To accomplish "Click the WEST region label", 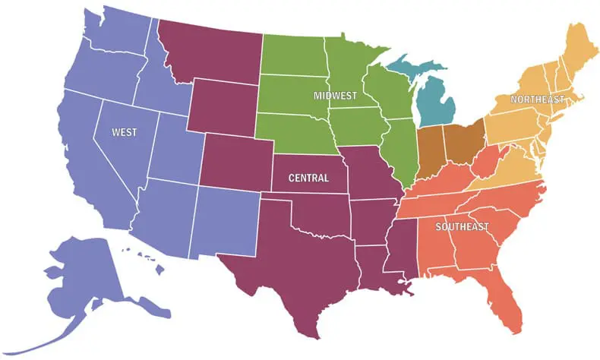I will pyautogui.click(x=125, y=132).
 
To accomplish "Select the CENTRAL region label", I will pyautogui.click(x=309, y=178).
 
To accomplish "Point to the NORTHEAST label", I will pyautogui.click(x=537, y=99).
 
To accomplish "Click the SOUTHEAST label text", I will pyautogui.click(x=462, y=227).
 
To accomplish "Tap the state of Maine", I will pyautogui.click(x=575, y=53).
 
